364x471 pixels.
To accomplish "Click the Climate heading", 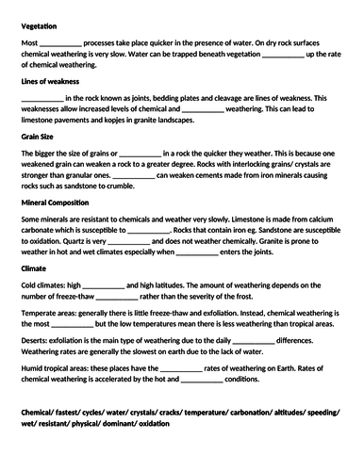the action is click(33, 268).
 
